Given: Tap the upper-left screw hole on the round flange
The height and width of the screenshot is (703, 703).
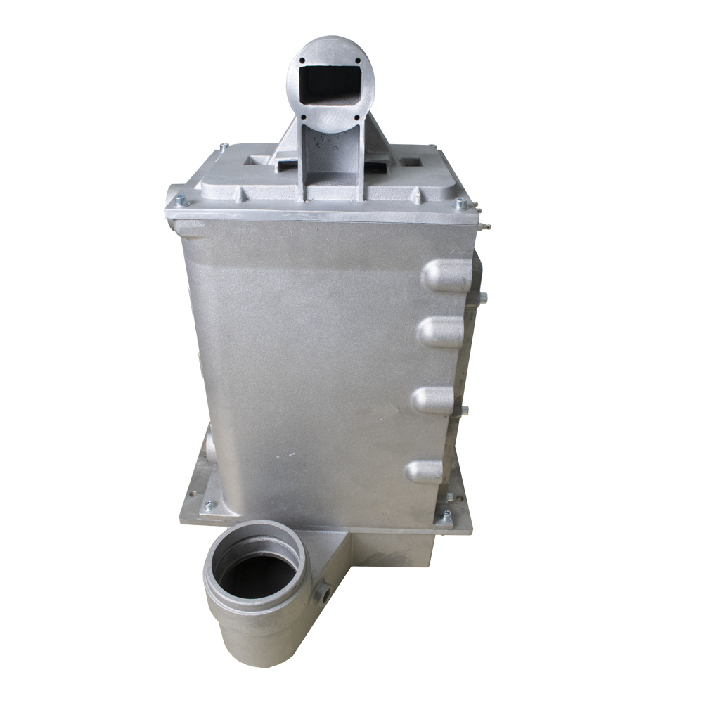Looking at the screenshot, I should (303, 63).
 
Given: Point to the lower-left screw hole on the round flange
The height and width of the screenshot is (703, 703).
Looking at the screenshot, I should (303, 117).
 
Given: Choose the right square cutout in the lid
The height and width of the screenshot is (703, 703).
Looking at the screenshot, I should (413, 161).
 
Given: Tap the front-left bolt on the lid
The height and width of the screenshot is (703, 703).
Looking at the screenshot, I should (181, 202).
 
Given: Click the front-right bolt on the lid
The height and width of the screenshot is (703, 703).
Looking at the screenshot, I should (459, 205).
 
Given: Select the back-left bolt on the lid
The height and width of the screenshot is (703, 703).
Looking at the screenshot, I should (224, 147).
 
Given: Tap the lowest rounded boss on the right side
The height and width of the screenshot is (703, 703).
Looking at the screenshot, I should (425, 471).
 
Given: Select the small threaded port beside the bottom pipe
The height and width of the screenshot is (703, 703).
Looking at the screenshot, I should (324, 593).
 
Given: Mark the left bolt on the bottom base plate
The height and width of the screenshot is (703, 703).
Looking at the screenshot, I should (209, 505).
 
